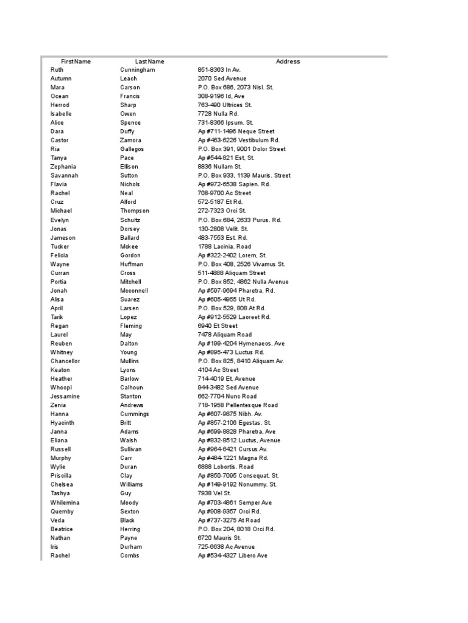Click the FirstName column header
[x=76, y=61]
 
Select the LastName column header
[x=149, y=61]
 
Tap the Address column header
[x=288, y=61]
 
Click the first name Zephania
[x=63, y=167]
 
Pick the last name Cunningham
[x=137, y=70]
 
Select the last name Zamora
[x=130, y=141]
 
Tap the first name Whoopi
[x=61, y=388]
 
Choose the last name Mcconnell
[x=134, y=291]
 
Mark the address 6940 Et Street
[x=218, y=326]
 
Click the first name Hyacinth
[x=62, y=423]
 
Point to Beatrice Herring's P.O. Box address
[x=236, y=529]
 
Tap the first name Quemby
[x=62, y=512]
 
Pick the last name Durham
[x=130, y=547]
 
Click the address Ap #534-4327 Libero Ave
[x=232, y=555]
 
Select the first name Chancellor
[x=65, y=361]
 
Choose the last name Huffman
[x=132, y=264]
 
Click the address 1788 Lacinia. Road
[x=224, y=246]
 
